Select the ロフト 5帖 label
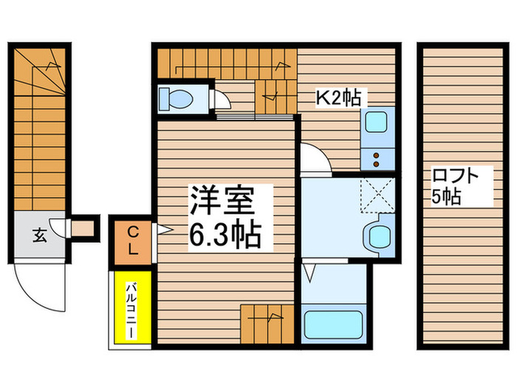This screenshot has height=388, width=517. coord(456,186)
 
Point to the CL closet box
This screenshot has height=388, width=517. coord(132,240)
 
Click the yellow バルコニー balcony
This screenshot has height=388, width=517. coord(130,309)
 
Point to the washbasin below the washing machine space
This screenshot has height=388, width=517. coord(380,236)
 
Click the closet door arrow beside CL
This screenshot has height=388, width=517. coord(162,231)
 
